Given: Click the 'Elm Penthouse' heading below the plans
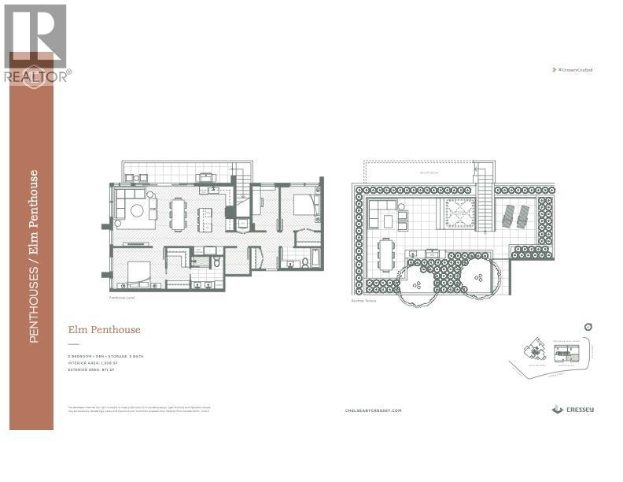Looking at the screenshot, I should click(x=103, y=330).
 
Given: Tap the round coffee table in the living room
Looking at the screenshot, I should click(x=136, y=210).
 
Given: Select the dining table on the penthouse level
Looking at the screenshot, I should click(x=178, y=213).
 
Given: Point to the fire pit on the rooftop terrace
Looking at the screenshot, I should click(x=459, y=213).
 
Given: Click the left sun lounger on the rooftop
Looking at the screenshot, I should click(x=506, y=214).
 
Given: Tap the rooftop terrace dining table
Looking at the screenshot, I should click(x=385, y=255).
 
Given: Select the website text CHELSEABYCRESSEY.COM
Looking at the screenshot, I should click(x=374, y=410).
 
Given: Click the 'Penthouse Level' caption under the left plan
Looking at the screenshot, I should click(x=122, y=300).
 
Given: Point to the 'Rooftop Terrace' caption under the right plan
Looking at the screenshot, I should click(x=364, y=300).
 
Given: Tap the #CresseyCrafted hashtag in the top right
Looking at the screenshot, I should click(x=573, y=70).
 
